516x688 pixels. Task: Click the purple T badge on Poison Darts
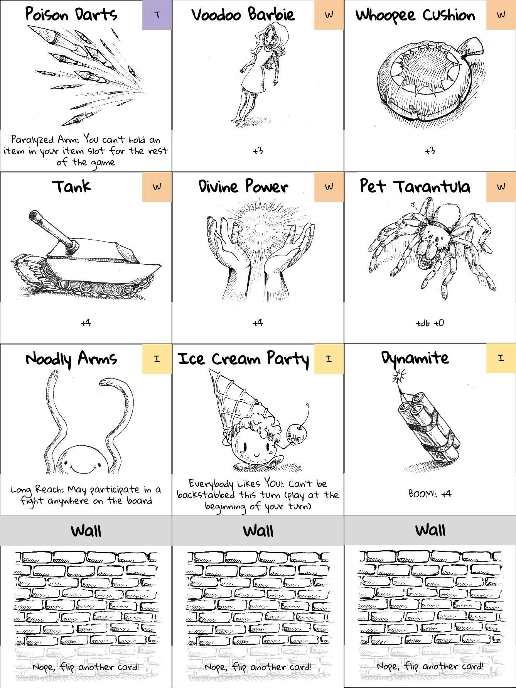[x=157, y=15]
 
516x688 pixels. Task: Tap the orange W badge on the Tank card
[x=157, y=187]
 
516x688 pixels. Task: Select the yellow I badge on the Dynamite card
[x=501, y=358]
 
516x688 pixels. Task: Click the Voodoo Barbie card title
[x=243, y=15]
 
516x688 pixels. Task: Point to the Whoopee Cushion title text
[x=415, y=15]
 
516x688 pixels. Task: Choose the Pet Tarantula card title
[x=415, y=186]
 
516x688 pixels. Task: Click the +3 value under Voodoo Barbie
[x=258, y=150]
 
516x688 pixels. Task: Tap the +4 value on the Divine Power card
[x=258, y=323]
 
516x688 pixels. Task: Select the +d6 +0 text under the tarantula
[x=430, y=323]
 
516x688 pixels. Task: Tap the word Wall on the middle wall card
[x=258, y=531]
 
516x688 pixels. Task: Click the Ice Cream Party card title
[x=244, y=359]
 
